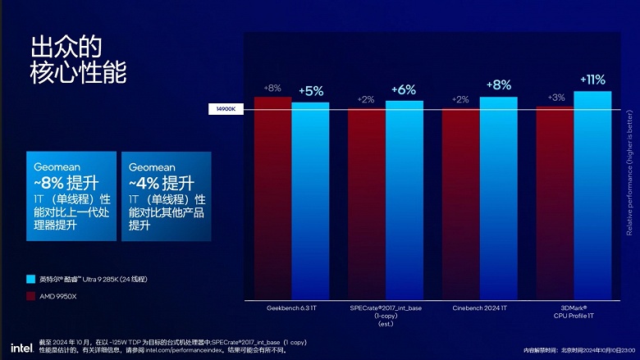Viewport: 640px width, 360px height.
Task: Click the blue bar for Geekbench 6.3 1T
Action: click(x=310, y=201)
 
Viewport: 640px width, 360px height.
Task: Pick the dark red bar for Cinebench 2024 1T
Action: click(x=460, y=205)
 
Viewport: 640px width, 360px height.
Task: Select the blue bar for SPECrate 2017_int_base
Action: click(x=405, y=200)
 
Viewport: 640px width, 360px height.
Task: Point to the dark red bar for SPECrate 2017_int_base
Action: click(x=367, y=205)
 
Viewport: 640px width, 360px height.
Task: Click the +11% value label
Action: click(x=592, y=80)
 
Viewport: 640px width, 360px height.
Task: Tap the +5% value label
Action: click(x=311, y=91)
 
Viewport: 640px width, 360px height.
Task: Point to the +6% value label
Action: click(x=405, y=89)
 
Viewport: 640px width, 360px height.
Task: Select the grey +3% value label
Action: click(x=555, y=98)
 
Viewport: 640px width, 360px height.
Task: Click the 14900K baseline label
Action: click(x=226, y=108)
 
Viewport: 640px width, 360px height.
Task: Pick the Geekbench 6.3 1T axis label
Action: click(x=291, y=308)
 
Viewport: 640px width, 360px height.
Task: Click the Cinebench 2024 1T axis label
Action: click(x=480, y=308)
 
